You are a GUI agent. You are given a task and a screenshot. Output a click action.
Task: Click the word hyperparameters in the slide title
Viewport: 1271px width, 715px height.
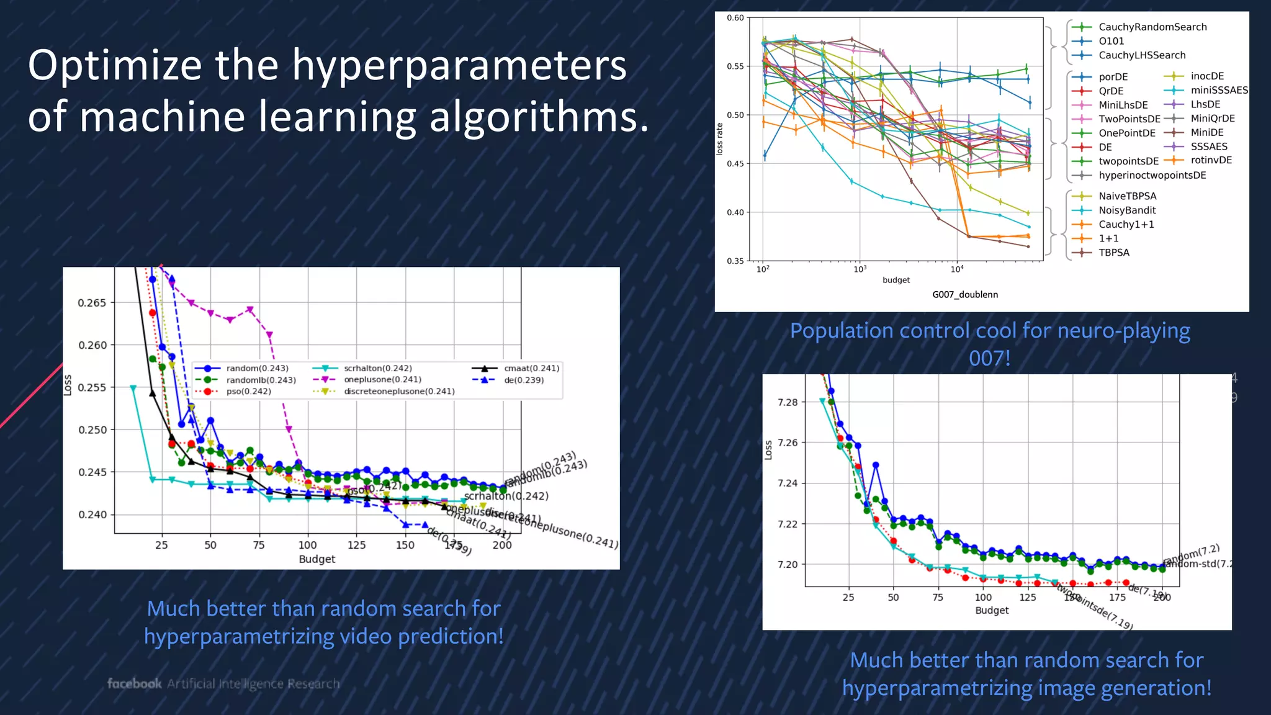tap(459, 66)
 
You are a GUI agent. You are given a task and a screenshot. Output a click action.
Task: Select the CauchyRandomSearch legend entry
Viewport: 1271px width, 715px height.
tap(1152, 27)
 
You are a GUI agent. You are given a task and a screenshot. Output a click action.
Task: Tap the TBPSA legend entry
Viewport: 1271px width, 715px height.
tap(1113, 253)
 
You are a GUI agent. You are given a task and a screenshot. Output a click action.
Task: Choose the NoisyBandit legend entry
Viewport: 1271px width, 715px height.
tap(1126, 210)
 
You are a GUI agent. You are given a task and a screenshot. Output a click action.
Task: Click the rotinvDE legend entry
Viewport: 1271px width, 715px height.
tap(1211, 160)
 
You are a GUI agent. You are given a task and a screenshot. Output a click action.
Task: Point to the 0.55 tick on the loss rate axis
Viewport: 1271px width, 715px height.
tap(735, 66)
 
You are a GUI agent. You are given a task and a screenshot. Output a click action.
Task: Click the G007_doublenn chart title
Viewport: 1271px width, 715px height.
tap(964, 295)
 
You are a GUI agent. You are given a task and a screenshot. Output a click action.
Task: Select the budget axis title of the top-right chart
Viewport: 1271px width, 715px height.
tap(896, 281)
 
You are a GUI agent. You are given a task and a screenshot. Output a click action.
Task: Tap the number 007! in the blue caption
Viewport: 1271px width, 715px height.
tap(989, 358)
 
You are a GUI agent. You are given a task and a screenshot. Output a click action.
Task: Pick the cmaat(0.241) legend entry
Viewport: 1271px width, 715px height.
tap(531, 368)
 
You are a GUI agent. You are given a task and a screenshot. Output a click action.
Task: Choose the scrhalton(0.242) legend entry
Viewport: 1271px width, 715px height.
tap(377, 368)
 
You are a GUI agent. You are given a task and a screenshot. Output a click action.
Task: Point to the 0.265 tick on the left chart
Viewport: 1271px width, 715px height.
tap(92, 303)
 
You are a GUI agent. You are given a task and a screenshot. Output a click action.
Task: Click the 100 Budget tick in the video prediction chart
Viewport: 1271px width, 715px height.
tap(307, 545)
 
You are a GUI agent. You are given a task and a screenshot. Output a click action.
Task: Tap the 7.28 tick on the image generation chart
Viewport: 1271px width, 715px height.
tap(787, 402)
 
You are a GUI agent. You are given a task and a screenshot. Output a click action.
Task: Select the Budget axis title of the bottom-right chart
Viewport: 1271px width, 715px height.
tap(991, 611)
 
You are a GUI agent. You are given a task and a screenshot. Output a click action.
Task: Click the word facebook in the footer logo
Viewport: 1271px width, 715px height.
tap(134, 683)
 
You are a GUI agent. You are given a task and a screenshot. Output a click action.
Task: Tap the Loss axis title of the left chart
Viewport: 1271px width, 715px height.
tap(68, 385)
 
